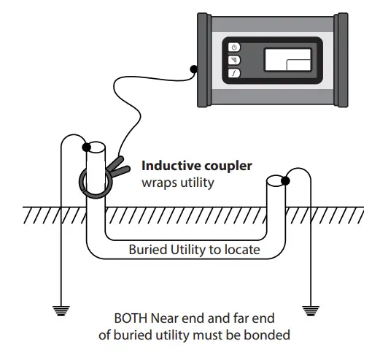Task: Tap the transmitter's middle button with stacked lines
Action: [234, 60]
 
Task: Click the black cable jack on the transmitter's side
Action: [193, 70]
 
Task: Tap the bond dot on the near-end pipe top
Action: [87, 146]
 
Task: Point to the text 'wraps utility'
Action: [178, 182]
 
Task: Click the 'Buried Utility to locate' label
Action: [194, 248]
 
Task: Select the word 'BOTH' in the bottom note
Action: [131, 319]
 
